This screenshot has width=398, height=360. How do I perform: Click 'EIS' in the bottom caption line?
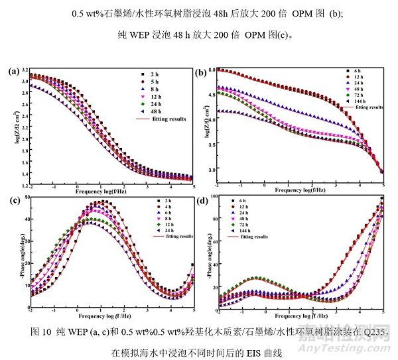pos(253,355)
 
